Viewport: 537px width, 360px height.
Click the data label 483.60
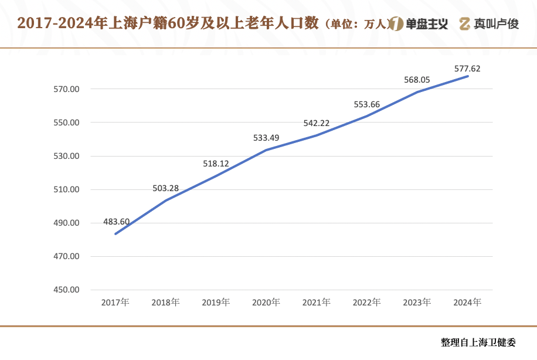click(x=116, y=222)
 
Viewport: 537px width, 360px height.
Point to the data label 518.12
click(x=216, y=164)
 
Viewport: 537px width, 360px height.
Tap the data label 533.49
click(x=266, y=138)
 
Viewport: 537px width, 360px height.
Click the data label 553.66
click(x=367, y=104)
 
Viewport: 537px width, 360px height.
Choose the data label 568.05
click(x=417, y=80)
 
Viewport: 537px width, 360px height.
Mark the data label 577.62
click(x=467, y=69)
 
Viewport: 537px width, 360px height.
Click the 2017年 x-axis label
click(x=115, y=303)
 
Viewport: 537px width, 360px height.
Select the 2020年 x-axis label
click(x=266, y=303)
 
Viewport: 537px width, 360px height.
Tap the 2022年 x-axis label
click(x=367, y=303)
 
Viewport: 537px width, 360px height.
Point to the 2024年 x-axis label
click(x=468, y=303)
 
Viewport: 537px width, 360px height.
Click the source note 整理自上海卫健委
click(x=480, y=342)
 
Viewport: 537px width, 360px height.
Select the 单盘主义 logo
click(x=419, y=24)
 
